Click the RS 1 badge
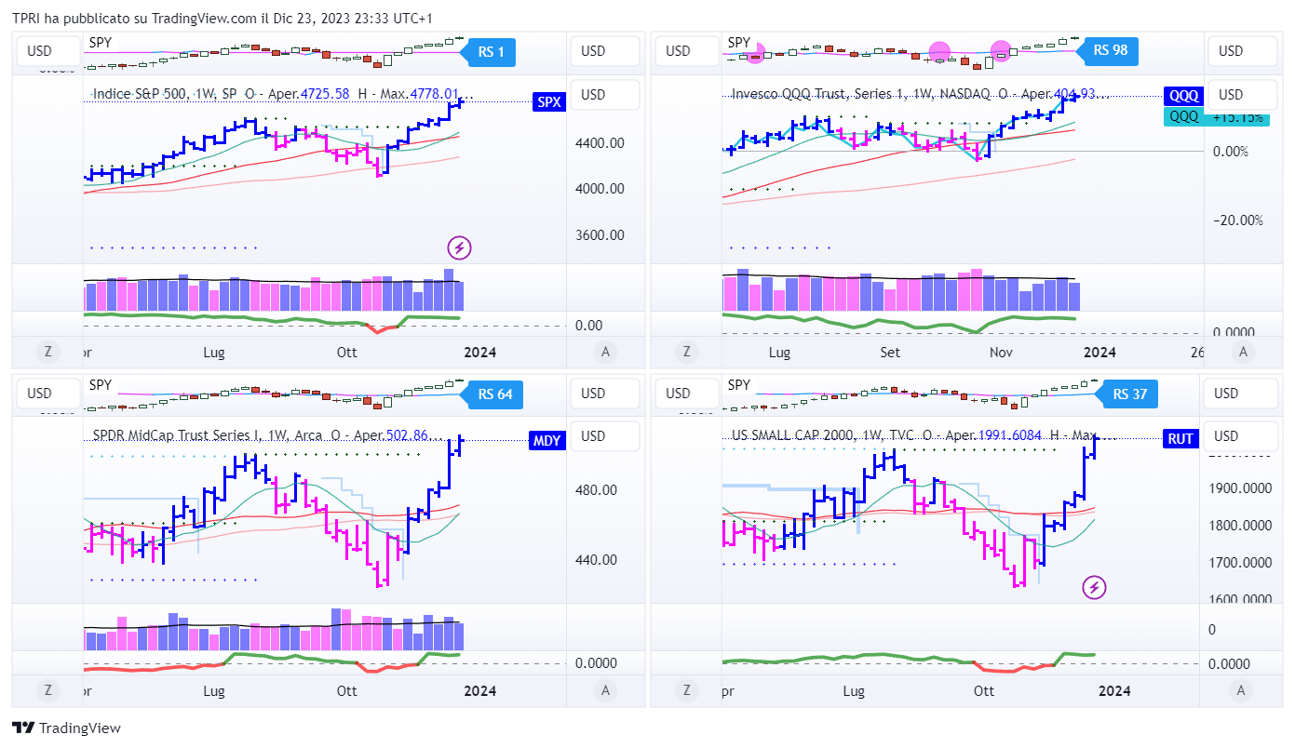491,52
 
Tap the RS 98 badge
1110,50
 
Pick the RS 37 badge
1129,394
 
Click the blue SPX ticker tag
549,102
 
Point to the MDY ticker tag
547,440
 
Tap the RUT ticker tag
1180,439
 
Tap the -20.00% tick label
1237,220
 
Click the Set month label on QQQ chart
890,353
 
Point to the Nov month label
1001,353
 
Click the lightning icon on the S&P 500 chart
459,247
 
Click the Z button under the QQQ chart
686,352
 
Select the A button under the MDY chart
606,690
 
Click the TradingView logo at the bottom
67,728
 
